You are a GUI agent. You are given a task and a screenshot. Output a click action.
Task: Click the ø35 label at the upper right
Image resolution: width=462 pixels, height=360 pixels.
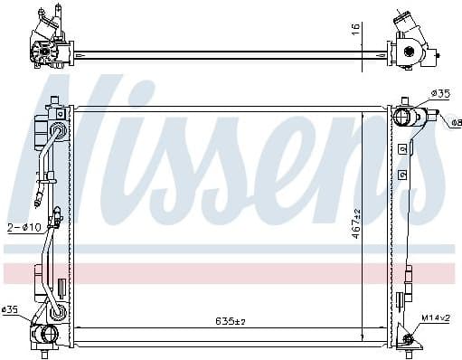pyautogui.click(x=441, y=93)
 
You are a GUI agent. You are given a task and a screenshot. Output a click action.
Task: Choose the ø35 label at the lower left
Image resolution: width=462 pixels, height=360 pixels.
pyautogui.click(x=12, y=311)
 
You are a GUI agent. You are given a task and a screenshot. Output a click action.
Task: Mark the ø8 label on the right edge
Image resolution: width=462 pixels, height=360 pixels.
pyautogui.click(x=454, y=123)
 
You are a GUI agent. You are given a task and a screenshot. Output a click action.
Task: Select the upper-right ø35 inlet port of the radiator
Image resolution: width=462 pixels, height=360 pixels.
pyautogui.click(x=404, y=116)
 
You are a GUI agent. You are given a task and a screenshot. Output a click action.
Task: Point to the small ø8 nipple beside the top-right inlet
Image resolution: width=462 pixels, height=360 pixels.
pyautogui.click(x=435, y=115)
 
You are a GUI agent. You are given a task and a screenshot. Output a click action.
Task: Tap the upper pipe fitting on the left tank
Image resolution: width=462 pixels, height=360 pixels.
pyautogui.click(x=59, y=133)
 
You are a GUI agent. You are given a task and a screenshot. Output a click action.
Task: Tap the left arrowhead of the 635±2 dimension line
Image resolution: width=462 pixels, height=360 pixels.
pyautogui.click(x=76, y=327)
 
